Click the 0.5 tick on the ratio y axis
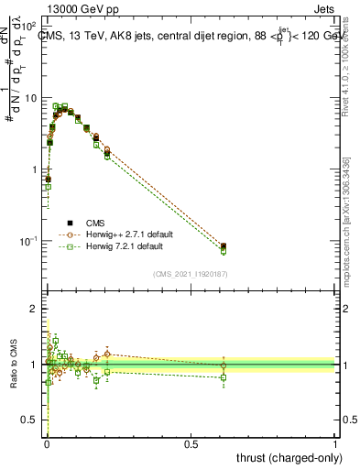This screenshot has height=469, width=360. (x=32, y=420)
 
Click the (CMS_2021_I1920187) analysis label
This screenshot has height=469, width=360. (x=190, y=272)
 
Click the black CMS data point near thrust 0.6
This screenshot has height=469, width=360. (x=224, y=245)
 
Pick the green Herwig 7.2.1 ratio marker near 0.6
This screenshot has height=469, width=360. (x=224, y=376)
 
